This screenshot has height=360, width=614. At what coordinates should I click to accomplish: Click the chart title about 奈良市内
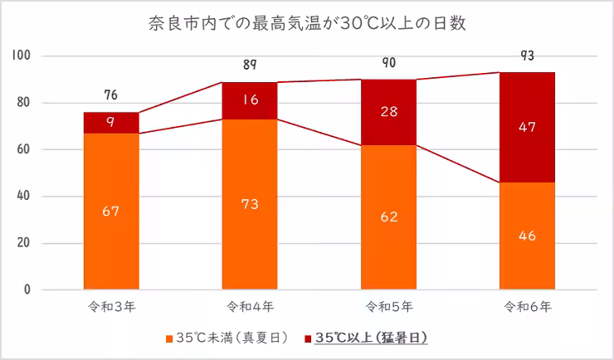307,22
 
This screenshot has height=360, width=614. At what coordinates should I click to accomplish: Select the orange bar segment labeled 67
111,212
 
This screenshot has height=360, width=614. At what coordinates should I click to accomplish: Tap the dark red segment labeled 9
111,123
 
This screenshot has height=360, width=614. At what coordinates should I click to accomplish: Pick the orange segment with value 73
250,204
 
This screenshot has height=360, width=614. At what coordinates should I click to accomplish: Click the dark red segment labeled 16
250,100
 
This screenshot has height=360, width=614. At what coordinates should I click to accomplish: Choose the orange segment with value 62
388,217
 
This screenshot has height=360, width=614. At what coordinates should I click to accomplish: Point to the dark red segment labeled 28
388,112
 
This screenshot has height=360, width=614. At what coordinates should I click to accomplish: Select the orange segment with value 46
527,236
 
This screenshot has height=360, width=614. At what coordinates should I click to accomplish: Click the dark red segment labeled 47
527,127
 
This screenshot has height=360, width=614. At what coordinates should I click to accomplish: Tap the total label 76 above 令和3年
111,95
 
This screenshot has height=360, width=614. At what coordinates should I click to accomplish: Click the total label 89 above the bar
250,65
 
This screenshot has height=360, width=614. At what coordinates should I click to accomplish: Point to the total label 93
527,56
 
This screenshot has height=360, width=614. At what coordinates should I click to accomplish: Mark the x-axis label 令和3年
111,307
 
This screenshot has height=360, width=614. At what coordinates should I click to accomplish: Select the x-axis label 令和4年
250,307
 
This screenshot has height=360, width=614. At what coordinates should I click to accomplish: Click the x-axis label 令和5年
388,307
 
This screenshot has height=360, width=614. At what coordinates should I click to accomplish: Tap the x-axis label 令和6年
527,307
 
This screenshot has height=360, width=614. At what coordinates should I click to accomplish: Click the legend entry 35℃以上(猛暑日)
370,338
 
